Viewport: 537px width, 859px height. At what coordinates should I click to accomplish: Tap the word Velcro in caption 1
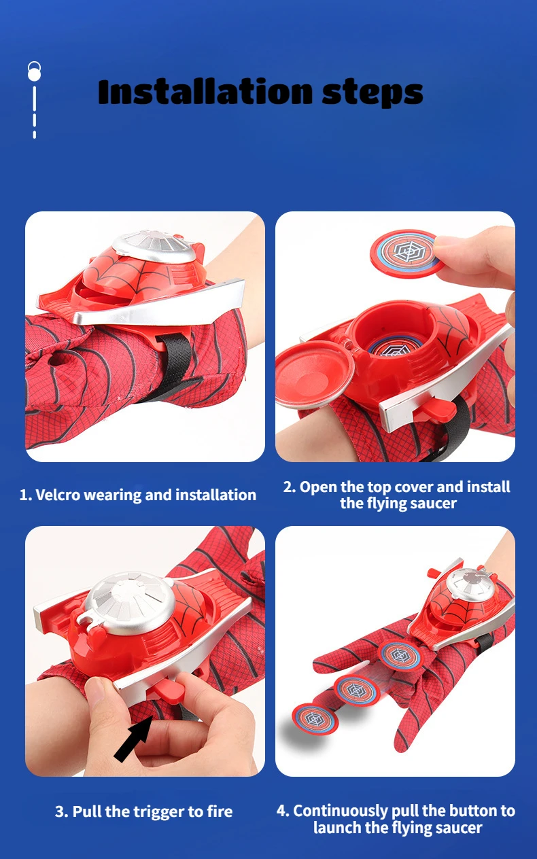[x=63, y=495]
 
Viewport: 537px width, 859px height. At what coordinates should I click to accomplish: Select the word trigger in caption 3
[x=161, y=811]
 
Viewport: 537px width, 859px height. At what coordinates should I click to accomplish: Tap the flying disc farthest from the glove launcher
[x=315, y=718]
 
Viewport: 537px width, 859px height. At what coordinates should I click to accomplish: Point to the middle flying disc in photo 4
[x=356, y=690]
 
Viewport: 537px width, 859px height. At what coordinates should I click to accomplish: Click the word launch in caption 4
[x=337, y=828]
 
